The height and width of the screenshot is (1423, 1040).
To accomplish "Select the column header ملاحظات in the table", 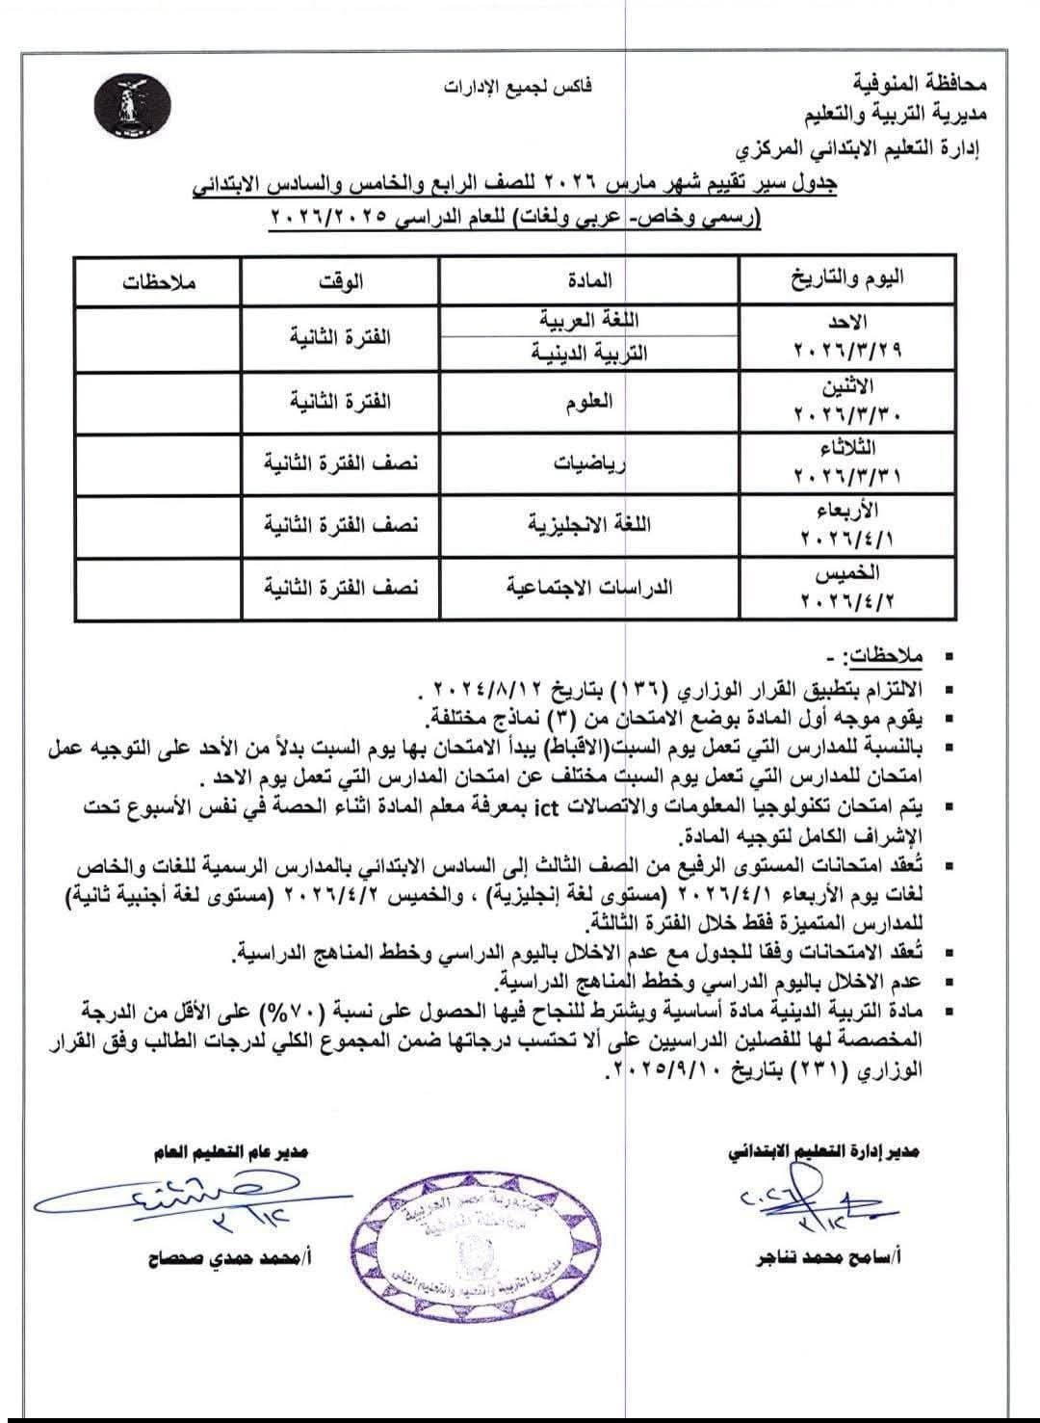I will point(158,282).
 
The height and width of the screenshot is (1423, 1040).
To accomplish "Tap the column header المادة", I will point(590,280).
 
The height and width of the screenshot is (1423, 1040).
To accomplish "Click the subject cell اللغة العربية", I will point(590,321).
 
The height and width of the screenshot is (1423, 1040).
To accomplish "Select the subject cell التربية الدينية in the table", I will point(590,353).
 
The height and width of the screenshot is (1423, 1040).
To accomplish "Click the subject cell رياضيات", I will point(590,463).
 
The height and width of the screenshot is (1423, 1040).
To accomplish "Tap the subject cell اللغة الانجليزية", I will point(590,525).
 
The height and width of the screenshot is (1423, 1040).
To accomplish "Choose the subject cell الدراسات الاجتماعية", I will point(590,587).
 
